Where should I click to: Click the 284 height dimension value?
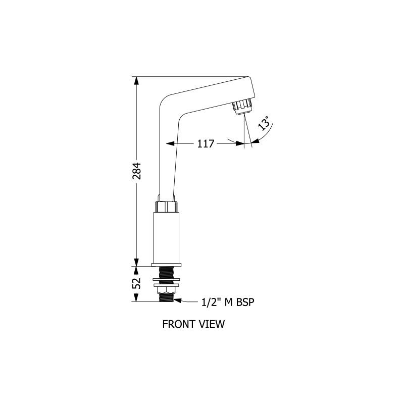click(136, 171)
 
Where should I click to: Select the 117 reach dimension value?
click(206, 144)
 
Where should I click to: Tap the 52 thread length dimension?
click(136, 283)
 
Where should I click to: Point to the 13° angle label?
click(264, 123)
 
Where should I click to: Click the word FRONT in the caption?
click(178, 324)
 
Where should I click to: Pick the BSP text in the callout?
click(245, 302)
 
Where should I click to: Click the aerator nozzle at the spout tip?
click(242, 107)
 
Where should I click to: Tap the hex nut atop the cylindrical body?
click(167, 207)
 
